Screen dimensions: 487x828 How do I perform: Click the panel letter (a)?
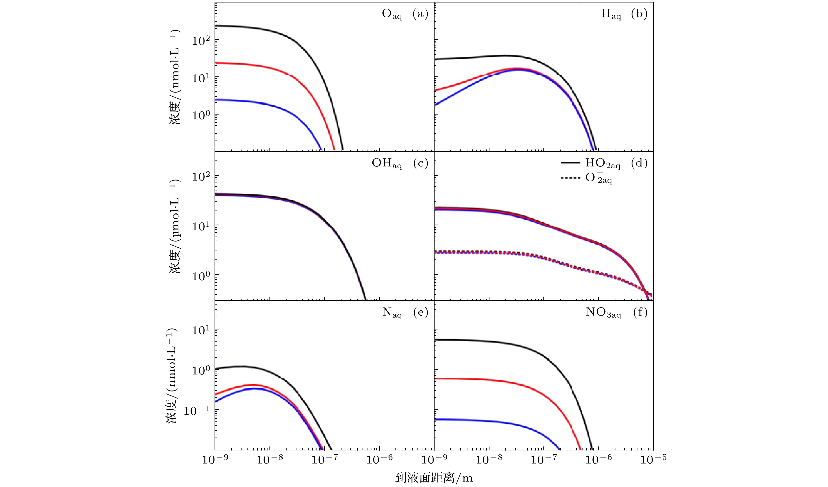(420, 14)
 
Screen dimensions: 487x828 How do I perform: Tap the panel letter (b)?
(639, 14)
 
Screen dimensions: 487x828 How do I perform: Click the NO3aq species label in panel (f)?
(603, 313)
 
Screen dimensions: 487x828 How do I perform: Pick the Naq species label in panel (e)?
(392, 313)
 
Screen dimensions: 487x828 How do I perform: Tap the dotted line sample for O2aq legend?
(570, 178)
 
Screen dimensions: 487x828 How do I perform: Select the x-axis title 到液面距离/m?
(434, 478)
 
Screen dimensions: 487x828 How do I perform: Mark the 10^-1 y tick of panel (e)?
(196, 411)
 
